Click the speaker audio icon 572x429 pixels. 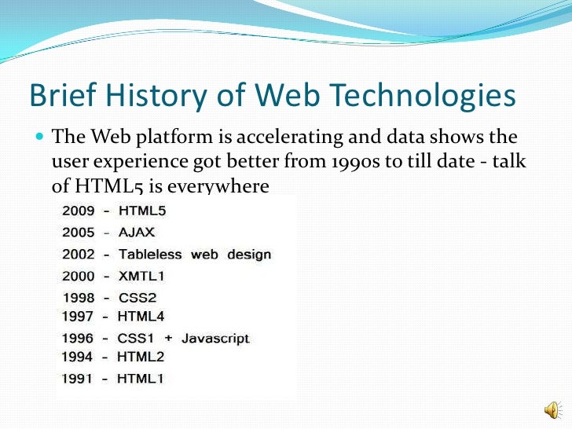pos(553,409)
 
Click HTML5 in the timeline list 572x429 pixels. pos(142,211)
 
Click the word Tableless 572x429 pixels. pos(151,255)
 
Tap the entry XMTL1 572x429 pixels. pos(142,277)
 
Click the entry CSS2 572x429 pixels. pos(138,298)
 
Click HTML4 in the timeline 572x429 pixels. pos(141,316)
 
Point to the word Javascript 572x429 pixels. pos(214,339)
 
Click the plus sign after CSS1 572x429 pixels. pos(167,339)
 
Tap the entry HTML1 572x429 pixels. pos(141,379)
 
